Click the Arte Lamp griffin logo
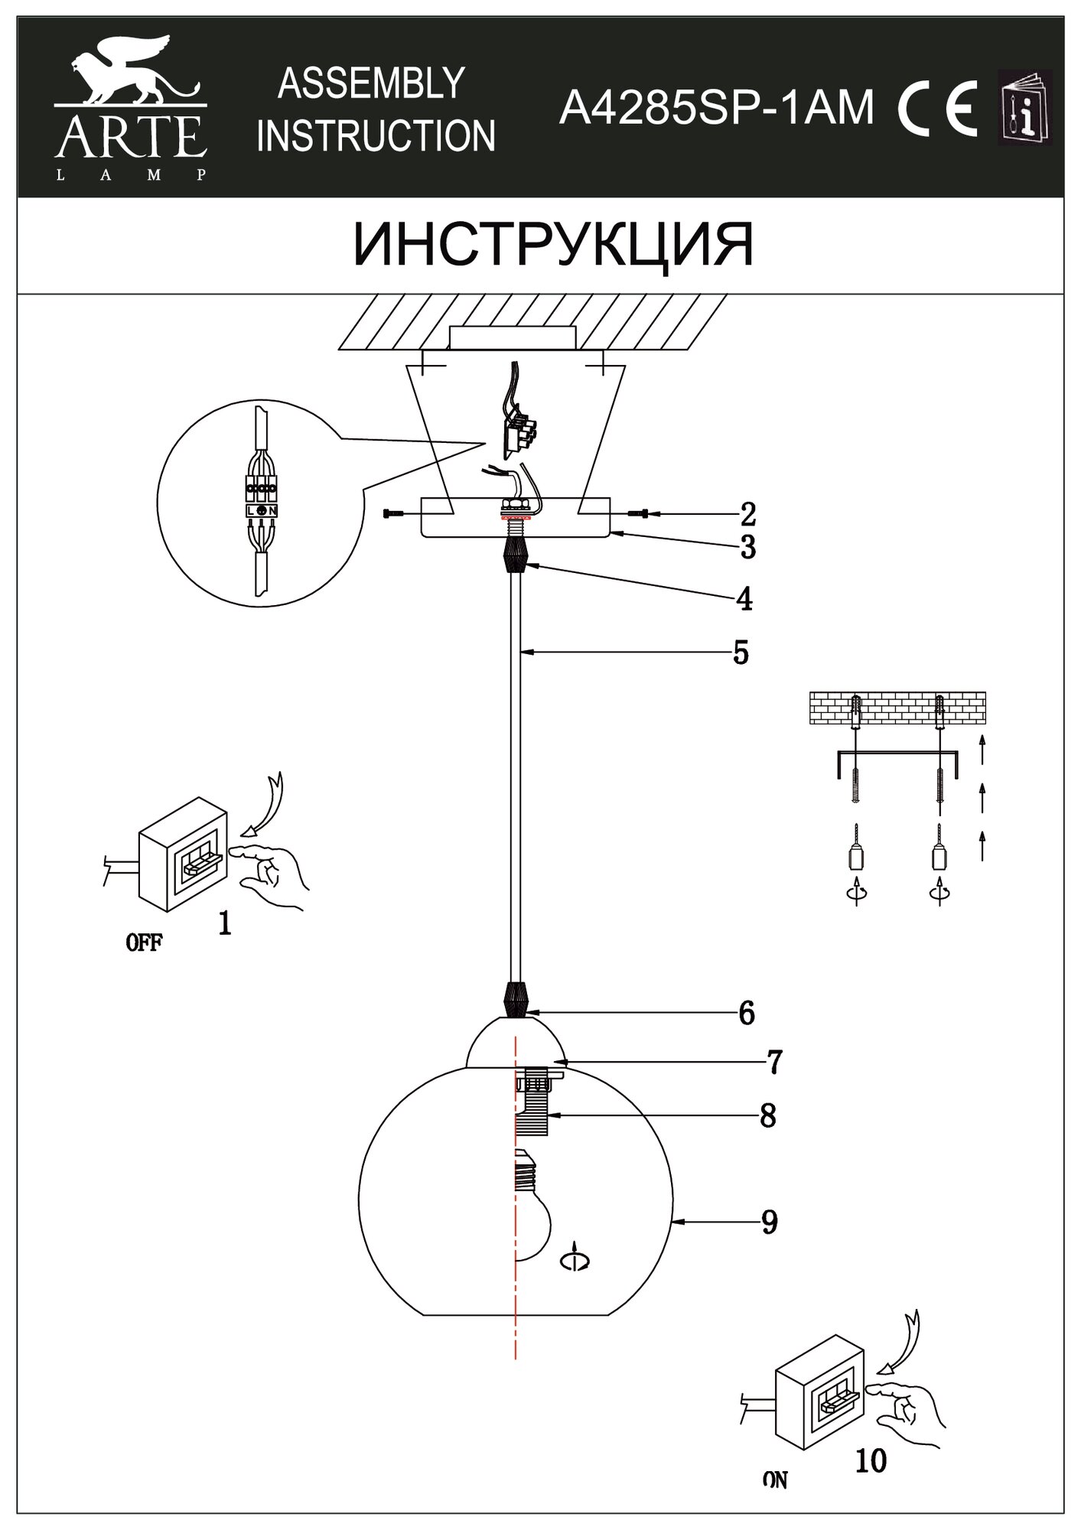130,107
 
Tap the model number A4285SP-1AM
716,108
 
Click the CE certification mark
939,109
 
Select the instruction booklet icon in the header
1026,107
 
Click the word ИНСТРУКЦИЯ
552,245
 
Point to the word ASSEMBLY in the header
372,83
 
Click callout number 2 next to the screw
747,514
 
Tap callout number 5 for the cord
740,653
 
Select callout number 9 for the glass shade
769,1222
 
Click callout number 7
774,1062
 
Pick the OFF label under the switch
144,942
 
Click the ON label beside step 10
775,1481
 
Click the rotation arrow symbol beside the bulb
575,1261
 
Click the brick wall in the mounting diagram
897,708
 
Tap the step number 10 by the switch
870,1461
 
